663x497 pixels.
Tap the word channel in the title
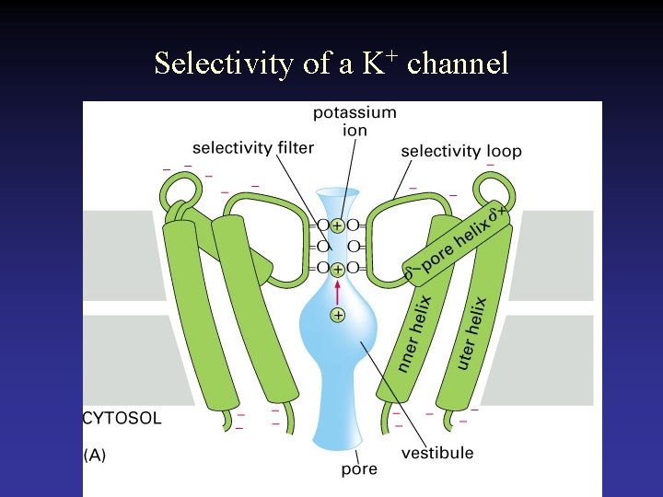pyautogui.click(x=458, y=64)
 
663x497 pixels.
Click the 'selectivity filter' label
pyautogui.click(x=253, y=147)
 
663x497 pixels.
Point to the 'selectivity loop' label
pyautogui.click(x=461, y=151)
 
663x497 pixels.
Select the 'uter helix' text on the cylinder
pyautogui.click(x=471, y=331)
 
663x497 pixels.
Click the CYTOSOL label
pyautogui.click(x=122, y=418)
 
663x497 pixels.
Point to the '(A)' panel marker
pyautogui.click(x=94, y=455)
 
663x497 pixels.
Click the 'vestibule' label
pyautogui.click(x=437, y=452)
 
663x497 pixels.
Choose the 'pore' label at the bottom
pyautogui.click(x=359, y=469)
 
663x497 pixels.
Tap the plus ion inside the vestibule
pyautogui.click(x=338, y=316)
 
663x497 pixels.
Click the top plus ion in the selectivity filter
pyautogui.click(x=338, y=225)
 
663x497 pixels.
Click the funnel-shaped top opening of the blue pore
pyautogui.click(x=338, y=198)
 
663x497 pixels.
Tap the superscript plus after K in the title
pyautogui.click(x=392, y=55)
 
